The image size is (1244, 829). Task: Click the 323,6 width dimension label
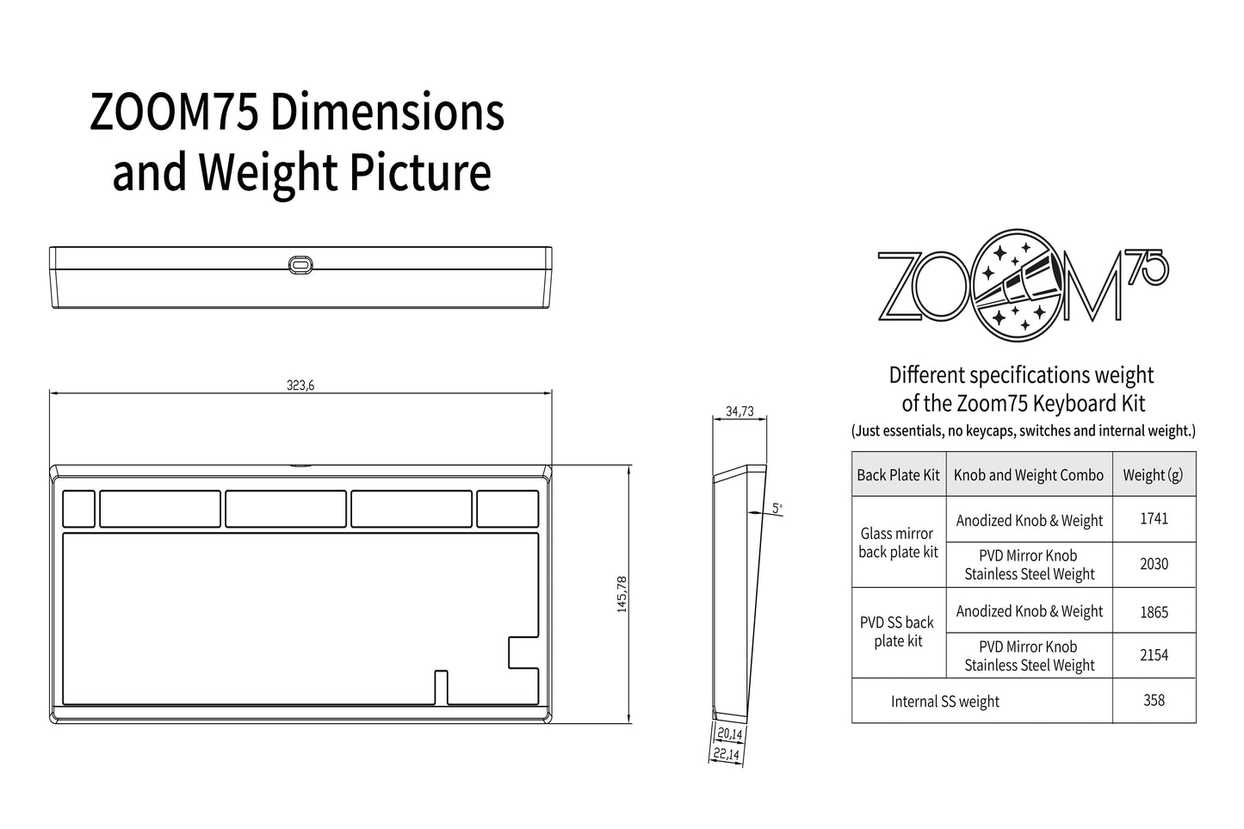[300, 386]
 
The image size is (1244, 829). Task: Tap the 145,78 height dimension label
[622, 595]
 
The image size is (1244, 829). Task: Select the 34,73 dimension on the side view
[740, 411]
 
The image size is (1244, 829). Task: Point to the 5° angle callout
[777, 508]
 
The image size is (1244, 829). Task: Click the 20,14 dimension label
[730, 733]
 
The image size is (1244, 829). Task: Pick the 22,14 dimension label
[727, 754]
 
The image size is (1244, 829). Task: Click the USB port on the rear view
[300, 265]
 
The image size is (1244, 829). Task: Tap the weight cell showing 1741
[1154, 518]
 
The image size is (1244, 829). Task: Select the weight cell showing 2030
[1154, 564]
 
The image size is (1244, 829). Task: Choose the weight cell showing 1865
[1154, 612]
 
